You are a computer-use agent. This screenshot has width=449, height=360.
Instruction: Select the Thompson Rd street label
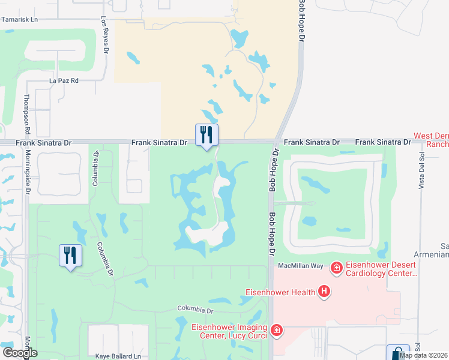[26, 114]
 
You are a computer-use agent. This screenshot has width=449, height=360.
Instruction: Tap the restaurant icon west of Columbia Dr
[70, 256]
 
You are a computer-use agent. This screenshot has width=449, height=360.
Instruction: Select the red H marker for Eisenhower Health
[324, 292]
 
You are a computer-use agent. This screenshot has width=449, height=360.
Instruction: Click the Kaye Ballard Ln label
[118, 356]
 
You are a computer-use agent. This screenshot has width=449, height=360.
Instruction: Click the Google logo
[20, 353]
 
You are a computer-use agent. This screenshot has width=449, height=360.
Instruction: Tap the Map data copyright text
[424, 355]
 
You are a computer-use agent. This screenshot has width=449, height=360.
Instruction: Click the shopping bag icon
[397, 353]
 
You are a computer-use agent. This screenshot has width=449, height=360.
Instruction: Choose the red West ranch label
[432, 140]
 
